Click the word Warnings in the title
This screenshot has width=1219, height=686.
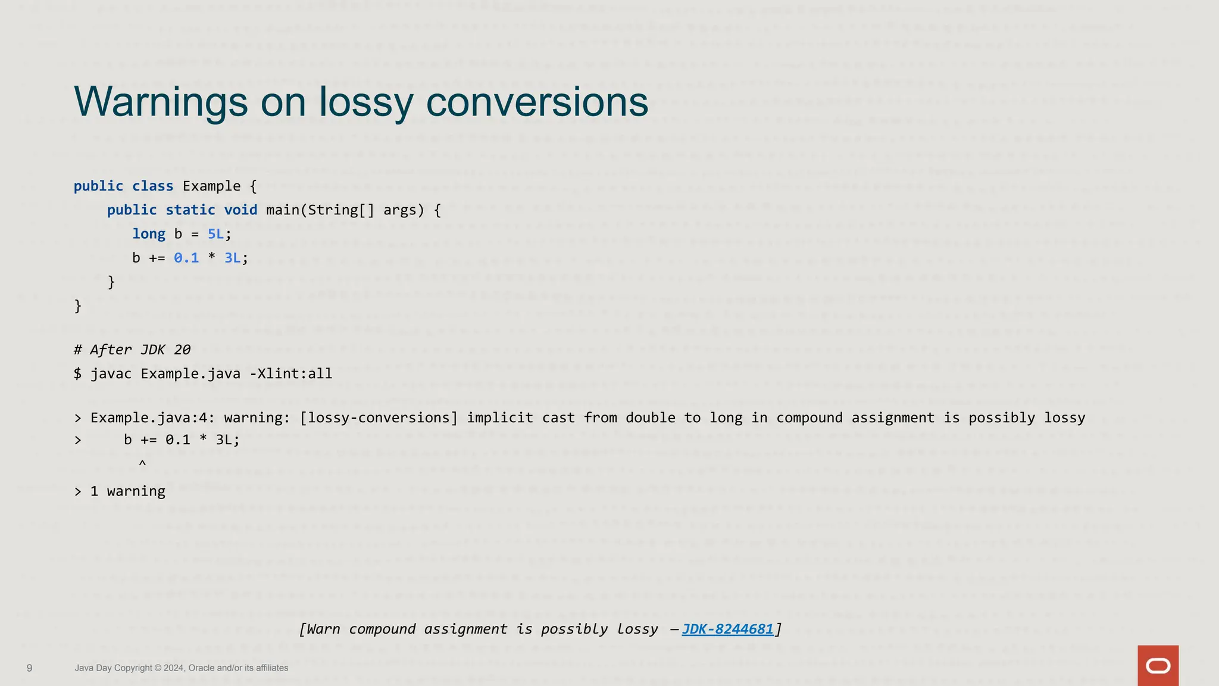click(x=161, y=102)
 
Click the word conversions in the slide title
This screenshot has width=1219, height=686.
click(x=537, y=102)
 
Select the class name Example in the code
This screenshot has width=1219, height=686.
click(x=211, y=186)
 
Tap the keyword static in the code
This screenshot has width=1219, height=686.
click(x=190, y=210)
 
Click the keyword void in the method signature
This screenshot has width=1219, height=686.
click(x=240, y=210)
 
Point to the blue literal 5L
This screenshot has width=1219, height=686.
click(x=215, y=234)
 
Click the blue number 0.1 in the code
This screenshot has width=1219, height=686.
click(x=186, y=258)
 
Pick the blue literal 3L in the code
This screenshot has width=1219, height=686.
click(x=232, y=258)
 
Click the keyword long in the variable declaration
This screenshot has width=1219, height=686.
click(x=149, y=234)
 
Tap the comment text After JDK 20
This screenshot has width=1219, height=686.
click(x=140, y=350)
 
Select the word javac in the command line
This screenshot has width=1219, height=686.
click(x=111, y=374)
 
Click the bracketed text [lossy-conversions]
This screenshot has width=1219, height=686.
click(x=379, y=417)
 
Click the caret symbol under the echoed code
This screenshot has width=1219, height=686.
click(x=142, y=463)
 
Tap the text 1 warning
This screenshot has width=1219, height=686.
click(x=127, y=491)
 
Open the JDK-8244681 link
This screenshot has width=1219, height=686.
click(x=727, y=629)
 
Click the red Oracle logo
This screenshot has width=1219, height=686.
click(x=1158, y=665)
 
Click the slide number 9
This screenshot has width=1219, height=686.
click(x=30, y=668)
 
